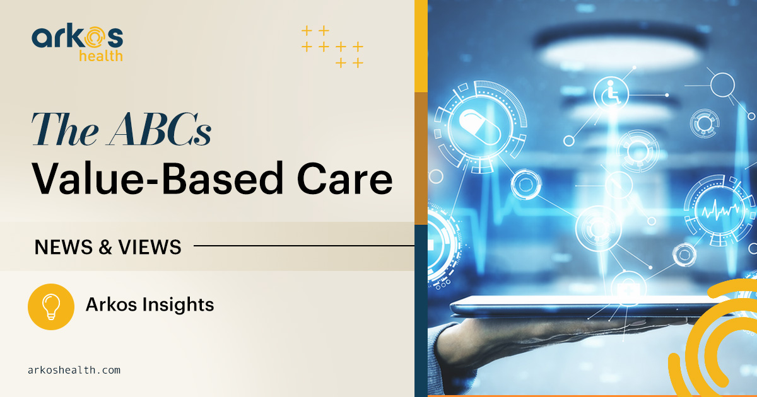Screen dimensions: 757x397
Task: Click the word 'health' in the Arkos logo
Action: click(101, 55)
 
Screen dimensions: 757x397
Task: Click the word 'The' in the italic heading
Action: click(65, 130)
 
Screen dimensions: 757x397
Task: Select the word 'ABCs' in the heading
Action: click(159, 130)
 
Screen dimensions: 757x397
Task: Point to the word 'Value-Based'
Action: click(157, 178)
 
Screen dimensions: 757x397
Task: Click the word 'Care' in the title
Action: click(344, 178)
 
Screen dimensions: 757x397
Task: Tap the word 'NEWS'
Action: click(64, 247)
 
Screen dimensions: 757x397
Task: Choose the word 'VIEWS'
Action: click(150, 247)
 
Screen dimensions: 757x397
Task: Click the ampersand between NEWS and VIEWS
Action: click(105, 247)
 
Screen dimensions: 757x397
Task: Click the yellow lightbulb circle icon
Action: click(51, 306)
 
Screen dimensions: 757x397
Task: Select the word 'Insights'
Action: click(178, 305)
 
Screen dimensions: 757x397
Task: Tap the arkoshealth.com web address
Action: click(74, 371)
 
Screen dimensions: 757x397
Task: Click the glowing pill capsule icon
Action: click(480, 127)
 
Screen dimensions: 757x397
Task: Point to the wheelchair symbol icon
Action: click(611, 93)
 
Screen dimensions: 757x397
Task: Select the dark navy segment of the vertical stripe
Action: click(421, 311)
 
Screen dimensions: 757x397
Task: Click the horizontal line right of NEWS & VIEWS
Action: click(304, 246)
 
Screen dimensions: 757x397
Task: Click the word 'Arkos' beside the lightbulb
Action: click(110, 304)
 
